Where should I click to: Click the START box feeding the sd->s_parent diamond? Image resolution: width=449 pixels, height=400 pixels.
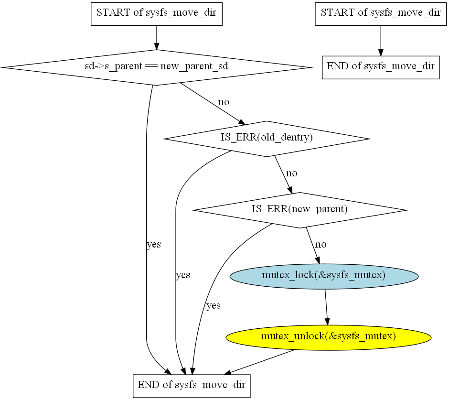coord(157,13)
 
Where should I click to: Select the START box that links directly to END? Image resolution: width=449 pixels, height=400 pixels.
coord(380,13)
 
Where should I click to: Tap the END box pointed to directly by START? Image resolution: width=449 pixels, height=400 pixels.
coord(380,66)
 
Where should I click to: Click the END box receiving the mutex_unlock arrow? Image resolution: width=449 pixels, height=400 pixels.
coord(191,385)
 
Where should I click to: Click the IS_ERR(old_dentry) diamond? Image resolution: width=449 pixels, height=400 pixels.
coord(266,139)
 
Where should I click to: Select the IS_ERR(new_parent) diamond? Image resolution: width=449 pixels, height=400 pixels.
coord(299,210)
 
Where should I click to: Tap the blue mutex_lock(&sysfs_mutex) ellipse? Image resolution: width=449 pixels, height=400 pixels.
coord(324,276)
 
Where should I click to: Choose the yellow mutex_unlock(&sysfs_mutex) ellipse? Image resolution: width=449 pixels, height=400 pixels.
coord(328,336)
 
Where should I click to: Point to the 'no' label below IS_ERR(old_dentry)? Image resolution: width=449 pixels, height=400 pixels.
coord(292,173)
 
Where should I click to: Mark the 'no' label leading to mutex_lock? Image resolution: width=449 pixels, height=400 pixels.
coord(321,245)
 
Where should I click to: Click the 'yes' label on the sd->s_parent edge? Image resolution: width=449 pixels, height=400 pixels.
coord(153,245)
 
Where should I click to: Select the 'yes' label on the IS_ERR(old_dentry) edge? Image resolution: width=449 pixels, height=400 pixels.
coord(183,275)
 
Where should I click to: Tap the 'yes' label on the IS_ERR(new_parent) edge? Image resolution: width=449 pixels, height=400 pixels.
coord(213,306)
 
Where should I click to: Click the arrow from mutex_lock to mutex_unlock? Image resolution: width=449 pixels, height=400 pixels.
coord(326,306)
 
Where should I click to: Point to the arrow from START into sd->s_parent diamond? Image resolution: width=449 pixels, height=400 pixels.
coord(157,37)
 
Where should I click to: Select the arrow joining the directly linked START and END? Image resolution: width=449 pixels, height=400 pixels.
coord(380,40)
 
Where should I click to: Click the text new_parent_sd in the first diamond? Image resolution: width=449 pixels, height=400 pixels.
coord(194,67)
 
